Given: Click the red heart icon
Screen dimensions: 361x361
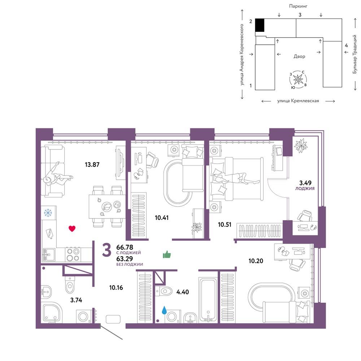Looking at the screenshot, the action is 72,229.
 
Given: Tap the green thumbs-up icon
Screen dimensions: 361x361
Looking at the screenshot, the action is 167,255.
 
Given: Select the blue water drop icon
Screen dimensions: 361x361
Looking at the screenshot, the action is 164,310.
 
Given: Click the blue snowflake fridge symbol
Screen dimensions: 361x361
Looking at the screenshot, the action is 48,213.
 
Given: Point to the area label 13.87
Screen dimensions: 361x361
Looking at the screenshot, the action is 92,165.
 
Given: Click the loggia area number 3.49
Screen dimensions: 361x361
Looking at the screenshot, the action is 305,183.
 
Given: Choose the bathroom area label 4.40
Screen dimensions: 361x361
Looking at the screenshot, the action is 183,292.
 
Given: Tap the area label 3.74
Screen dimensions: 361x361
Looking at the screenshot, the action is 76,300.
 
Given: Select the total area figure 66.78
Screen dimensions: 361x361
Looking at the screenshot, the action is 125,247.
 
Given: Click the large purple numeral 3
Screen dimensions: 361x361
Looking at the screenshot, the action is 107,250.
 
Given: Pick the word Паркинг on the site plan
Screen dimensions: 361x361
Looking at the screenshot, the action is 298,6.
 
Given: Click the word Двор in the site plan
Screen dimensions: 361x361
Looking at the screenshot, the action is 299,56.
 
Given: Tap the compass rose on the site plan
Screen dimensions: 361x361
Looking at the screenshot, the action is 298,79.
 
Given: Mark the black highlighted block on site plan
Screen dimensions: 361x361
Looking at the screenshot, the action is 260,25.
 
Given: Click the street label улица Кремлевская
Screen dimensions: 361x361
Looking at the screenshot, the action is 298,101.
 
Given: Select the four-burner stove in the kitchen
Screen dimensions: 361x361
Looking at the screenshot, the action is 73,255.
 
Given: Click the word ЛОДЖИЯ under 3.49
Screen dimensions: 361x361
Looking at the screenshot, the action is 305,188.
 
